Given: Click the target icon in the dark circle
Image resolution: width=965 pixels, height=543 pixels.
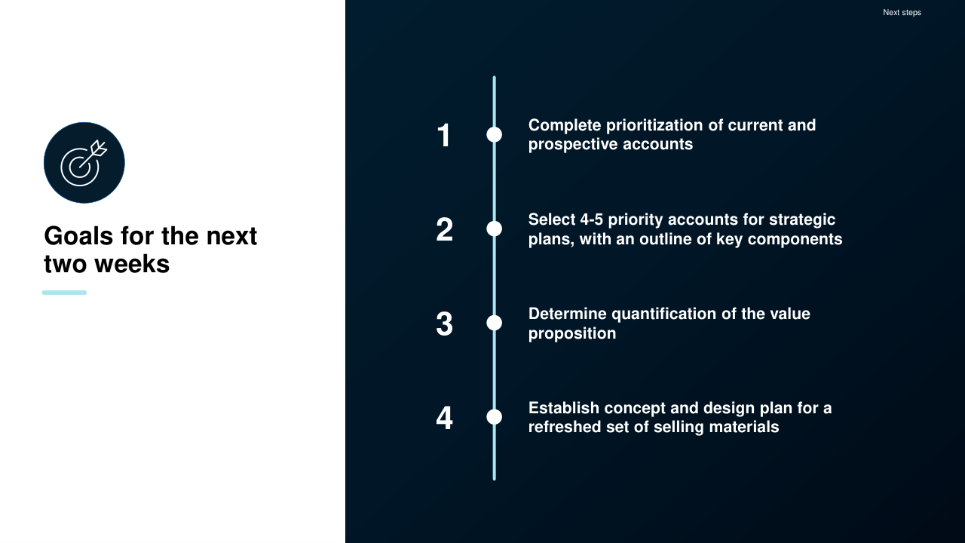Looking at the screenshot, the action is [84, 163].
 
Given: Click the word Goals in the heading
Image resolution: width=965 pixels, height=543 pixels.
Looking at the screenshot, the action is [79, 236].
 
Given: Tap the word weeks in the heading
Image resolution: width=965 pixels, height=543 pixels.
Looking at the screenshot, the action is [132, 264].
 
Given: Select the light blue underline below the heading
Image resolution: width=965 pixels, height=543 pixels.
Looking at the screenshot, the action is [64, 293].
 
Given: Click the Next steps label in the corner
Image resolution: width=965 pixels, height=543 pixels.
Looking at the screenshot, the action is [902, 13].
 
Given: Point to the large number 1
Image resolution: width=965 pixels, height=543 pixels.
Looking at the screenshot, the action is [444, 135].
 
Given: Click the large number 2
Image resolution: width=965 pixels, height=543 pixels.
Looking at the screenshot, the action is [444, 229].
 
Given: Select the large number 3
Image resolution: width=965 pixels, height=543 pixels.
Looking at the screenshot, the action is [444, 324].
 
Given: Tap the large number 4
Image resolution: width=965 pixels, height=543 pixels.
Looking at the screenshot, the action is [444, 418].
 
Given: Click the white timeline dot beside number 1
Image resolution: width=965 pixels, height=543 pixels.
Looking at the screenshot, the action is [494, 135].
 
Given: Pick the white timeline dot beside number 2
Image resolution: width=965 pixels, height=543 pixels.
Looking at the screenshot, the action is [494, 229].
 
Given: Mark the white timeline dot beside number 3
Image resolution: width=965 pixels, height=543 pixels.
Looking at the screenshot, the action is [494, 323].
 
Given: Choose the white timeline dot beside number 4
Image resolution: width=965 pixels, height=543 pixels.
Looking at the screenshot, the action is [494, 417].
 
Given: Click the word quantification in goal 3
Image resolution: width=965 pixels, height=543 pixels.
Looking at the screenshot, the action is [664, 314].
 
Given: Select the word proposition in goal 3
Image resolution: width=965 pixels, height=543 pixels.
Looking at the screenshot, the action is [572, 334].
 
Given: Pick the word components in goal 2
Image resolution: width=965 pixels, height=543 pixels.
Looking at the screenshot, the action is [795, 240].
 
